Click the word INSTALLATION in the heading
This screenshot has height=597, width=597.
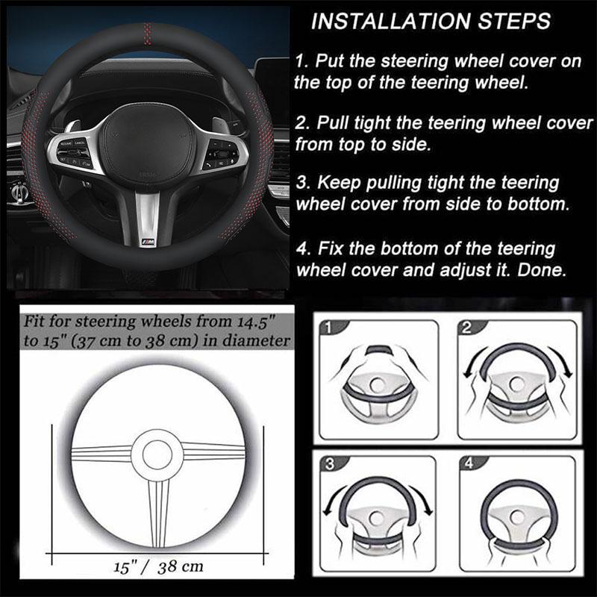tap(392, 21)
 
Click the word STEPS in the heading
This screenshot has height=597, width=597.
tap(515, 21)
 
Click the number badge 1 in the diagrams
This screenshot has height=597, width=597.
tap(328, 328)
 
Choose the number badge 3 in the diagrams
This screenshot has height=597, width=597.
tap(330, 463)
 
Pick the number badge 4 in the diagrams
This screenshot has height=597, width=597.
tap(469, 463)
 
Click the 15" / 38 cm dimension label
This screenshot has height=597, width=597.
tap(158, 567)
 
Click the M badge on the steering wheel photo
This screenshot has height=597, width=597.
tap(149, 242)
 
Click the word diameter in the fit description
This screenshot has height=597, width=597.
tap(256, 340)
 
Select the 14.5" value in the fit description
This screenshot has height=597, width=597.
tap(256, 322)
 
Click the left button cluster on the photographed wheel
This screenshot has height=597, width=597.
tap(74, 152)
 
